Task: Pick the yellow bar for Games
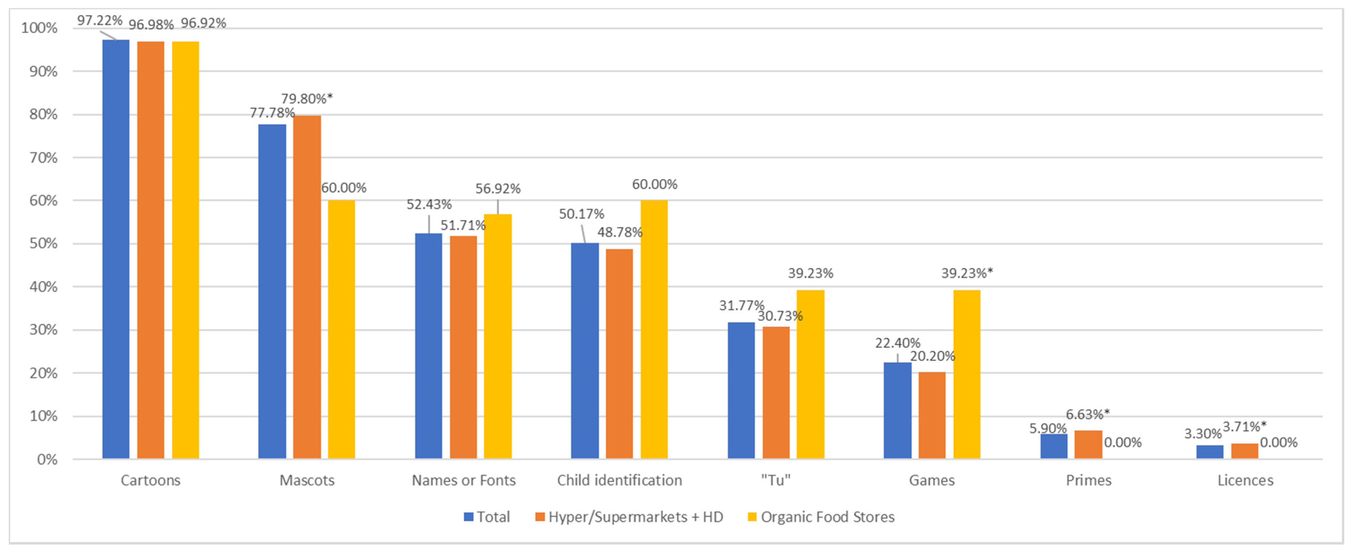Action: (x=966, y=374)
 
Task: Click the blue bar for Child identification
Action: (x=585, y=351)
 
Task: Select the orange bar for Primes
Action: (x=1088, y=445)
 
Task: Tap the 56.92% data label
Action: (x=498, y=189)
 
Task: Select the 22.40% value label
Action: (x=898, y=343)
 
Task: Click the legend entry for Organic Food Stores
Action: (x=827, y=517)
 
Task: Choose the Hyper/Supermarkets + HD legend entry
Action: (x=635, y=517)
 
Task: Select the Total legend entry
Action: (x=493, y=517)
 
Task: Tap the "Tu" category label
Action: (x=776, y=480)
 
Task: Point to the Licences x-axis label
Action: (x=1245, y=480)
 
